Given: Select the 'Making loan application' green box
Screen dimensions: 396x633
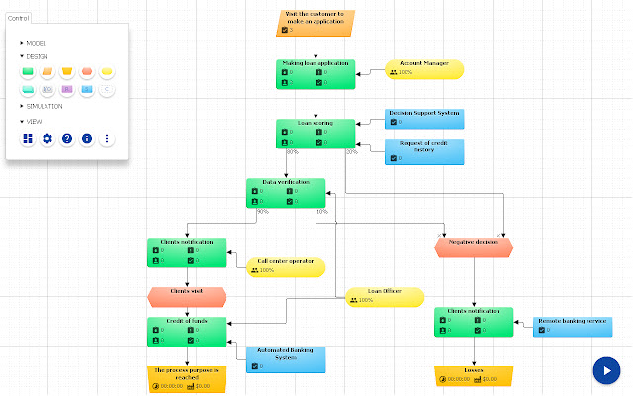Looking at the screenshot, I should (x=315, y=74).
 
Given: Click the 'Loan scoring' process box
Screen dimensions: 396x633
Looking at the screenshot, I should (x=315, y=134).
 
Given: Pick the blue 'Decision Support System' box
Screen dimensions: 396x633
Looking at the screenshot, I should (x=423, y=118).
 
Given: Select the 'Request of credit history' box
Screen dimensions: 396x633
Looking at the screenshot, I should (x=423, y=150).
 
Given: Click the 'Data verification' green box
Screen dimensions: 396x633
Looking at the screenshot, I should (x=285, y=192).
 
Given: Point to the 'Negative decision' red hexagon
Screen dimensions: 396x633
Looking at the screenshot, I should (x=474, y=247).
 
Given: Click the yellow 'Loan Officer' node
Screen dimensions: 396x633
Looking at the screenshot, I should (x=384, y=297).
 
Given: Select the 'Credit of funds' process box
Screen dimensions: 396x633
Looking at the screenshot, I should (x=187, y=332).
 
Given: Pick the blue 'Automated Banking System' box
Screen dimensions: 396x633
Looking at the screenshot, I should (x=285, y=357).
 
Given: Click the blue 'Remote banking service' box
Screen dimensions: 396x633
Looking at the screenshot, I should (x=571, y=326).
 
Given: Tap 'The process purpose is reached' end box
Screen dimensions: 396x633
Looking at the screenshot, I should (x=187, y=375).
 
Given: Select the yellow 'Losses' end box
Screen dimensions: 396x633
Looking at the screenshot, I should (x=474, y=375).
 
